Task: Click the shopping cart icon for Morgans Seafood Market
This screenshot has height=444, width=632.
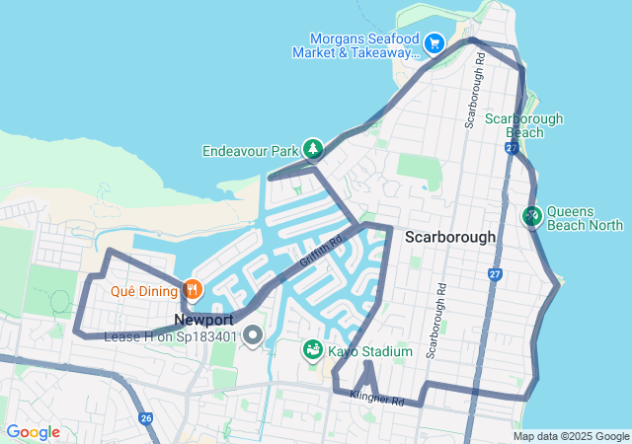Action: (x=434, y=43)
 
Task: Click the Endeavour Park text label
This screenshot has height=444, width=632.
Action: (x=250, y=152)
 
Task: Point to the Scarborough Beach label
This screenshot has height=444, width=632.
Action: (x=523, y=124)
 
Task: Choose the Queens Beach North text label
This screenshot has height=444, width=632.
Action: (x=585, y=218)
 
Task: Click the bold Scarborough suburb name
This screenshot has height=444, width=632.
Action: (x=450, y=238)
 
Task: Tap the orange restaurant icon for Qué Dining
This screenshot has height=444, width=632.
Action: (x=193, y=290)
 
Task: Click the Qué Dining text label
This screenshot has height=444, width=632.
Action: (x=143, y=291)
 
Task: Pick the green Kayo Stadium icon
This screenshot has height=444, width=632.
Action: (x=312, y=350)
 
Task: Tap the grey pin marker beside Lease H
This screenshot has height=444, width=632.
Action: (x=253, y=336)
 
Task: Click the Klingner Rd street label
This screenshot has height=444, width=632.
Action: (x=376, y=401)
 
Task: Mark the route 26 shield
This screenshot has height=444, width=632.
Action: (x=146, y=418)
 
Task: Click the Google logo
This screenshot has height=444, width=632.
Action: (x=33, y=432)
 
